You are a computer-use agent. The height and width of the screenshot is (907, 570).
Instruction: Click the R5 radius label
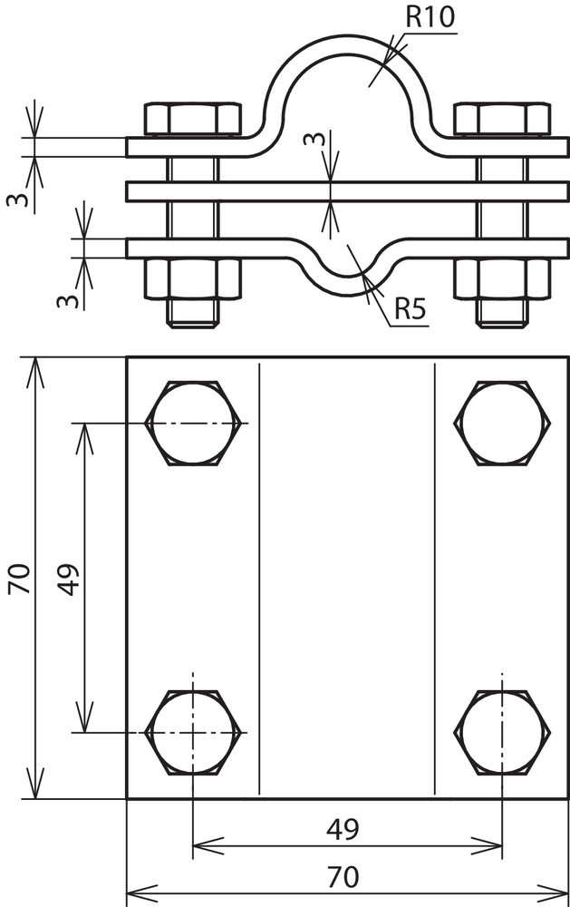coord(411,309)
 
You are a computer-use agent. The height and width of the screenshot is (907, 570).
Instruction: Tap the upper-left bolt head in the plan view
coord(193,423)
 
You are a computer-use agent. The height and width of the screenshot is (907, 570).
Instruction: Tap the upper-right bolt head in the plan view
coord(502,423)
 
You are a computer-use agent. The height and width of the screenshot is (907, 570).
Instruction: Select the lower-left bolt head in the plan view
coord(193,732)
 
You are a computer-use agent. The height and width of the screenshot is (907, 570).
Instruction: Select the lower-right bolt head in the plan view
coord(502,732)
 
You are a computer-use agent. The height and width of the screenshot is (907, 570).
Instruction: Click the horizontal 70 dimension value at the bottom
coord(343,877)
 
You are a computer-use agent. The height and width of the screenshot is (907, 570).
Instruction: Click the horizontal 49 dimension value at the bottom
coord(343,830)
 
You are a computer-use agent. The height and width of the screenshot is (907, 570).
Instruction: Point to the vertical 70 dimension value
coord(18,579)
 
